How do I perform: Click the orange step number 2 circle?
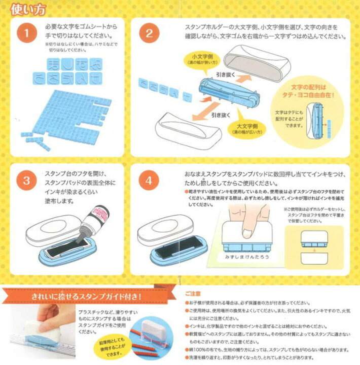tap(149, 33)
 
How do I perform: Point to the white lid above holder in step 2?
tap(254, 61)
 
